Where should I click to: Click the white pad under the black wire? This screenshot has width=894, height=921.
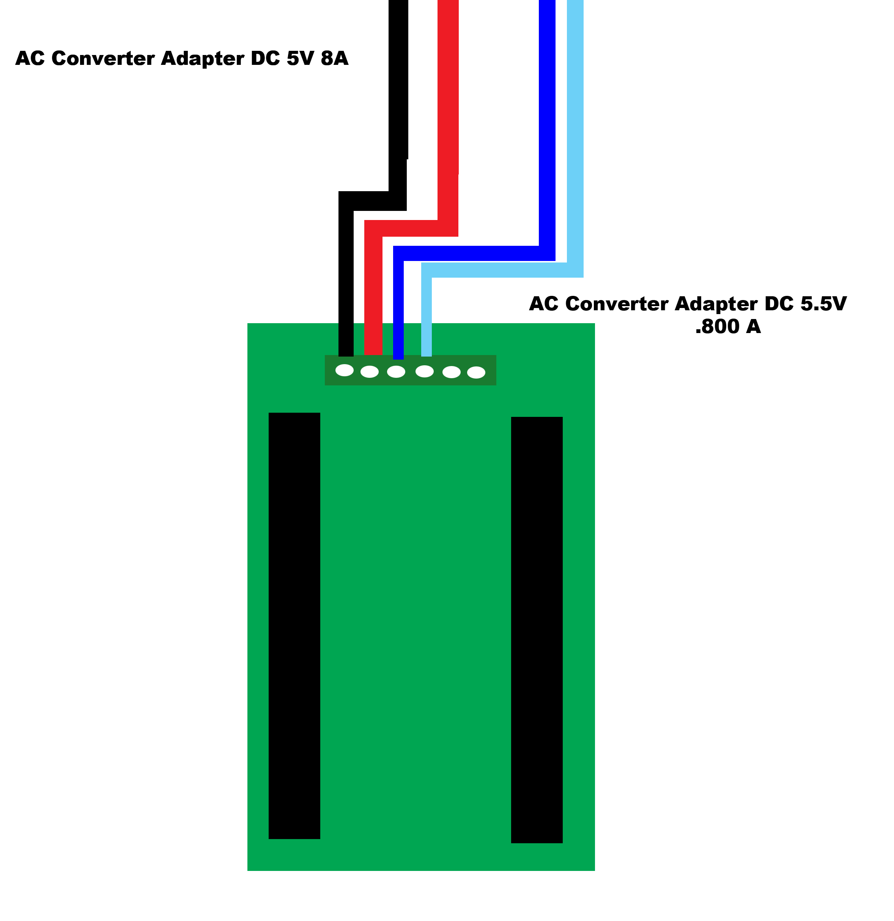345,370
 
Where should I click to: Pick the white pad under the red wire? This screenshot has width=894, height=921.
370,372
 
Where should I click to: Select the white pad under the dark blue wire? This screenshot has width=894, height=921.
396,372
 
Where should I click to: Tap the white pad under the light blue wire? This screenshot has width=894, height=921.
425,371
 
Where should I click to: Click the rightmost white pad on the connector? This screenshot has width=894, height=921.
476,372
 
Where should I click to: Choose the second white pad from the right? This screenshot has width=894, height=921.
452,372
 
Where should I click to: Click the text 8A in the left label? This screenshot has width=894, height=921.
335,58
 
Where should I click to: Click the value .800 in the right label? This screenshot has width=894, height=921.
717,327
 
